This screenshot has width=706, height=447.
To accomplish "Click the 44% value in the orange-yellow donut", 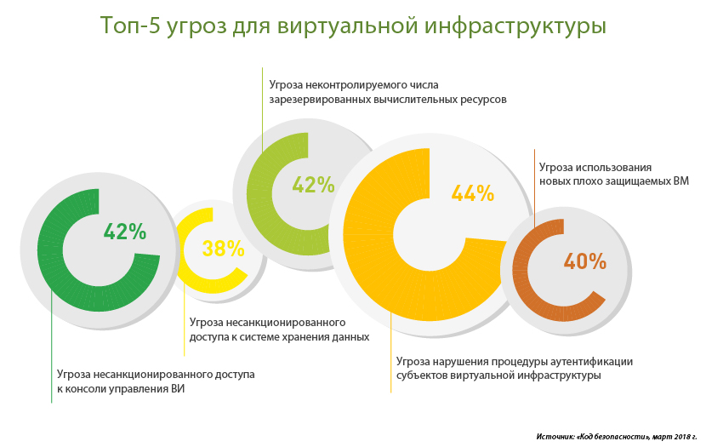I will pyautogui.click(x=473, y=194).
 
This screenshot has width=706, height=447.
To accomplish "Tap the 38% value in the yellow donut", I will pyautogui.click(x=223, y=249).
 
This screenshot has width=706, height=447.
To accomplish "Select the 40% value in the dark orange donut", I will pyautogui.click(x=584, y=261).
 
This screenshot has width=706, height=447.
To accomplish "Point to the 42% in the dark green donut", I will pyautogui.click(x=124, y=231).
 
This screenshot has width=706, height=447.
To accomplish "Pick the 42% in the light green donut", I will pyautogui.click(x=313, y=185).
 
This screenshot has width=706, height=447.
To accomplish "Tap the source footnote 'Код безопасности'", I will pyautogui.click(x=612, y=436).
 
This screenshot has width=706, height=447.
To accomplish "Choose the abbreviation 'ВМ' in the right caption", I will pyautogui.click(x=679, y=181).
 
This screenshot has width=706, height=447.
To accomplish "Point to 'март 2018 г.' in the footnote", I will pyautogui.click(x=676, y=436).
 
